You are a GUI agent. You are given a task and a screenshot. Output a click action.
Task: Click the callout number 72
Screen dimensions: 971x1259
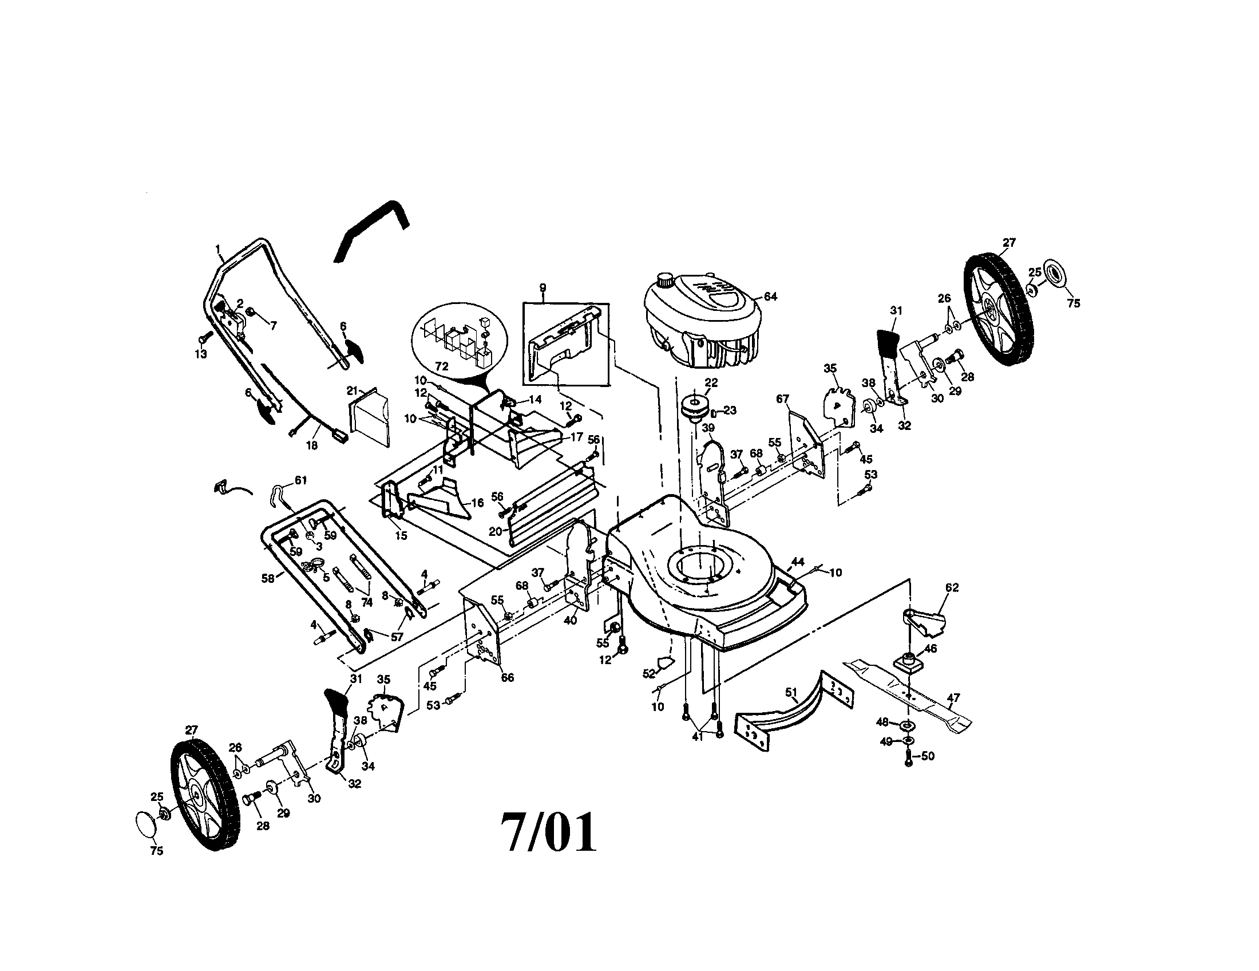click(442, 366)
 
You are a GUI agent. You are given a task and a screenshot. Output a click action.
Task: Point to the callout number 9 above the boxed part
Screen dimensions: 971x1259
click(543, 288)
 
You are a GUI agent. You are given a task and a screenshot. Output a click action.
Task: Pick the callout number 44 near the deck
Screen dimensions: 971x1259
click(797, 561)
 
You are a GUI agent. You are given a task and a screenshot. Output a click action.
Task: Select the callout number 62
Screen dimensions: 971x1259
click(952, 587)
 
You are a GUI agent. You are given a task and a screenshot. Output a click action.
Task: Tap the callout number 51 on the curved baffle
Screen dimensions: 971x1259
click(791, 691)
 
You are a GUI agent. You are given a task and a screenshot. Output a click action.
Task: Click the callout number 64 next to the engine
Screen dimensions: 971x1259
click(770, 297)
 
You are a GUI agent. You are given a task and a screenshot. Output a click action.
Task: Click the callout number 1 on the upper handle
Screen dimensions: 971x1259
click(218, 249)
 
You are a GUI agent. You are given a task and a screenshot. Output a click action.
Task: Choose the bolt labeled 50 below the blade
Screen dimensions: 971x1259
click(909, 760)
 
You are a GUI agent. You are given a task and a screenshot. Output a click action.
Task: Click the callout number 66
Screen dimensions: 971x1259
click(506, 677)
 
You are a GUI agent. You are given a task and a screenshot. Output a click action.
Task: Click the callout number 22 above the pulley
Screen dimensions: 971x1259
click(711, 383)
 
